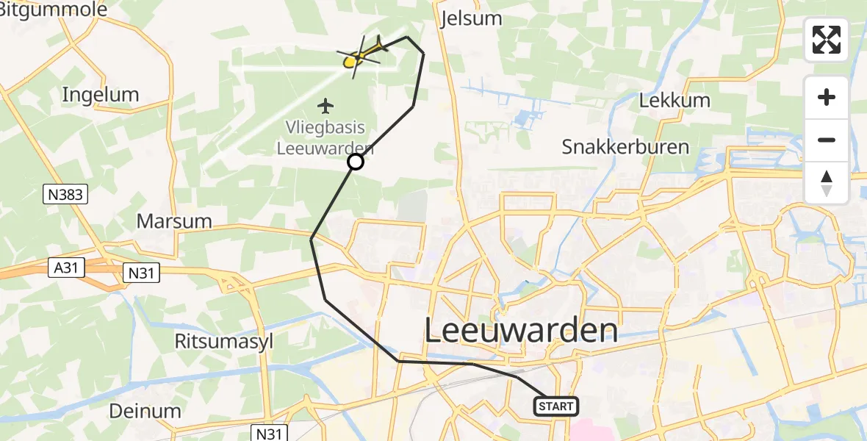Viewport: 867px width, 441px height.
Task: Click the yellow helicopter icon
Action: [x=361, y=55]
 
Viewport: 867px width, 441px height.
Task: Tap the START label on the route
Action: [x=555, y=406]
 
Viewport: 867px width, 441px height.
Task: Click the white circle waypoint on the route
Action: [x=356, y=162]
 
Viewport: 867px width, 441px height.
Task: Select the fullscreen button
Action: [x=827, y=40]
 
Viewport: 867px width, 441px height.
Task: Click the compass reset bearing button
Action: [x=827, y=183]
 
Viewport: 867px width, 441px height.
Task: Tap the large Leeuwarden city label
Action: [x=521, y=331]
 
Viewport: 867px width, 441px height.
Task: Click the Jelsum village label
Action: [x=471, y=18]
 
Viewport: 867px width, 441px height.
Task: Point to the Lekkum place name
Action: [x=674, y=100]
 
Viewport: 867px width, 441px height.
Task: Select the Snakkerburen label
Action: [x=625, y=146]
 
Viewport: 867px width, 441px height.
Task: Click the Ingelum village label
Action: [x=101, y=94]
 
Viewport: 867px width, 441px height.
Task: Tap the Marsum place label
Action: [x=175, y=220]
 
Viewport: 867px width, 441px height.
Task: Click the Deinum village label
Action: [x=145, y=410]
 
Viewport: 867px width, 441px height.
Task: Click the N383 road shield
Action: [x=65, y=195]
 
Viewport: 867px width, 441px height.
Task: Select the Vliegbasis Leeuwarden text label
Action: [x=325, y=137]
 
